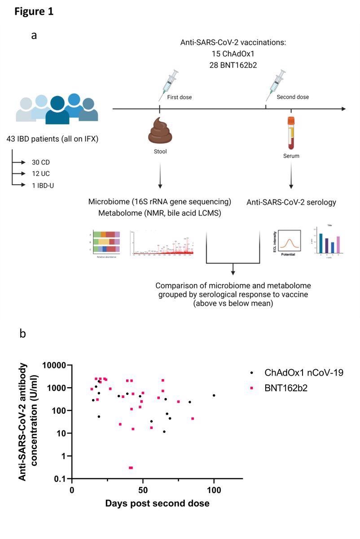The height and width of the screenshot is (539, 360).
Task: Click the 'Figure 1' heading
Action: [x=34, y=12]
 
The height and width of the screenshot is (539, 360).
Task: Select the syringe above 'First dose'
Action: [x=168, y=85]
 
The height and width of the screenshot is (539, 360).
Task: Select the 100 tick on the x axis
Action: [x=214, y=489]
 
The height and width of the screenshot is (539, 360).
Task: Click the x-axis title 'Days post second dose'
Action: [x=157, y=504]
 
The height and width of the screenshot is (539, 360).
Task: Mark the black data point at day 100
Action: [x=214, y=395]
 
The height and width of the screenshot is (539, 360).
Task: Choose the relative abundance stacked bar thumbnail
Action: [x=106, y=243]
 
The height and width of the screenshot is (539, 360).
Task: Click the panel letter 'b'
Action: [x=23, y=334]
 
